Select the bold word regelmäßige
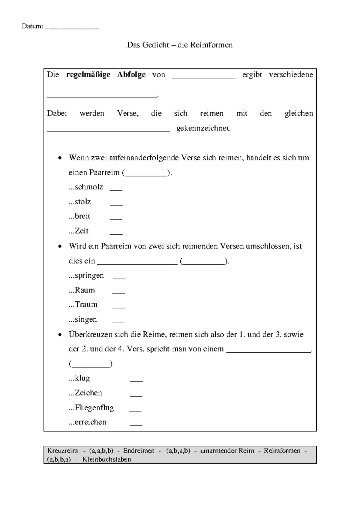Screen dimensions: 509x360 click(88, 75)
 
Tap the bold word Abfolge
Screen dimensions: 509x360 click(131, 75)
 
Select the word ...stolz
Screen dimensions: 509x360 click(80, 202)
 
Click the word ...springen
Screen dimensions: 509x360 click(86, 276)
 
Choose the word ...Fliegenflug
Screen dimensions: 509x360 click(91, 408)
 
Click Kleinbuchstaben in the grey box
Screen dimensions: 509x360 click(107, 459)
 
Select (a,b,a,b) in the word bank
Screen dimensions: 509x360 click(178, 451)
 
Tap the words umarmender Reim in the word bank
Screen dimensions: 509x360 click(227, 451)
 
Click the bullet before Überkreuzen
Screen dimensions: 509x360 click(60, 335)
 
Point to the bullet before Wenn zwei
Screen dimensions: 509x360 click(60, 158)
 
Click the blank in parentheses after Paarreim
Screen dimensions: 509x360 click(146, 175)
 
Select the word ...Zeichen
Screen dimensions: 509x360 click(85, 393)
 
